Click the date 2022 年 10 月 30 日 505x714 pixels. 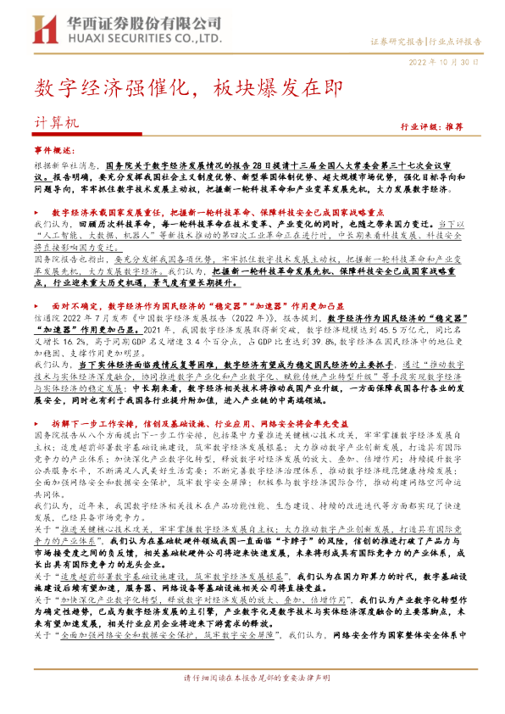pos(448,63)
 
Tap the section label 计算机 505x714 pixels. pos(55,122)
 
